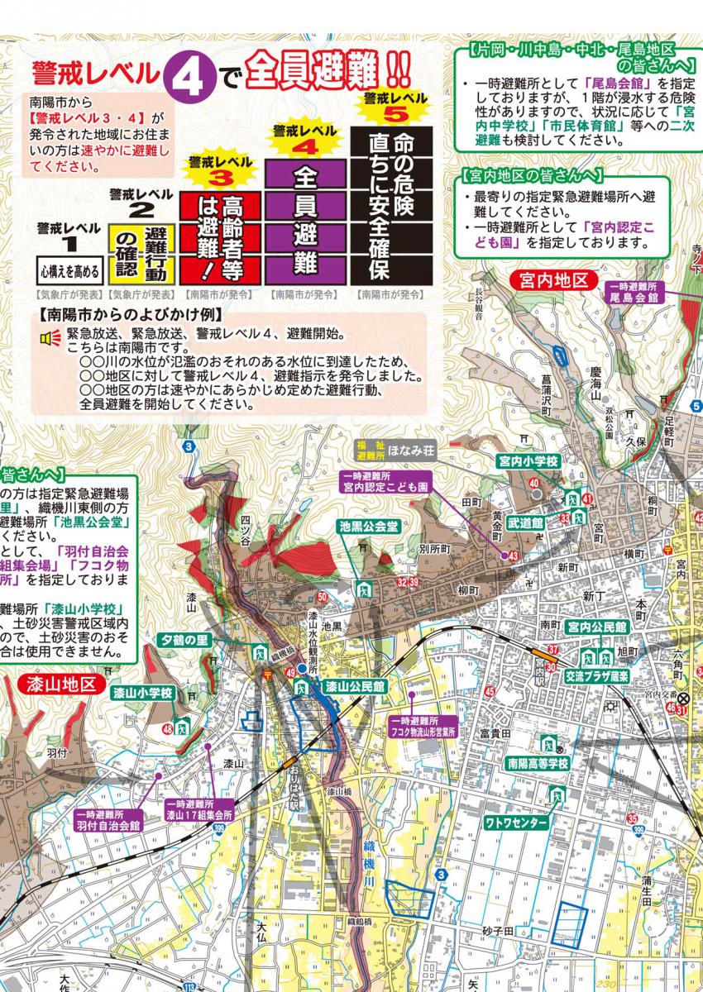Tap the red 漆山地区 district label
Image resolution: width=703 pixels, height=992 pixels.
(56, 685)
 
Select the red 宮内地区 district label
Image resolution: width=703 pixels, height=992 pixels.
(552, 279)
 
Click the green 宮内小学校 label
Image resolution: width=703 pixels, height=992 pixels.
(529, 460)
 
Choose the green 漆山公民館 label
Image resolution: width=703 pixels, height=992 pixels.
(354, 686)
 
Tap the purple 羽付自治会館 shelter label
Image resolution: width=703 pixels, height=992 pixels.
(108, 819)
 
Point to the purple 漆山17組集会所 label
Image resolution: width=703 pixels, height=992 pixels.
(198, 808)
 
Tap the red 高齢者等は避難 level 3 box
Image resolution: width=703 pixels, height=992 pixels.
(221, 237)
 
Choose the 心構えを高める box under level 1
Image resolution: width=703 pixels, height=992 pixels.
(69, 269)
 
